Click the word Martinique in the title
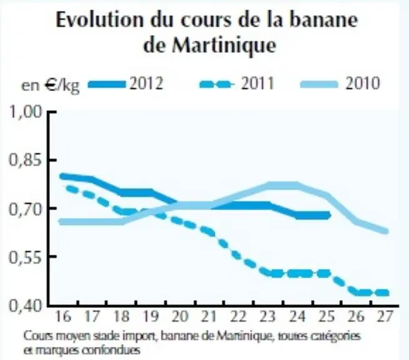(224, 46)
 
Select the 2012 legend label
(146, 84)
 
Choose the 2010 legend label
(362, 84)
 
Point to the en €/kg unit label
(51, 85)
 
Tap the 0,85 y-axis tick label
(26, 160)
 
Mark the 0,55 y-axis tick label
(26, 257)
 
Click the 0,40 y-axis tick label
(26, 306)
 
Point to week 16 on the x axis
(63, 316)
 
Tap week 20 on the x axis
(180, 316)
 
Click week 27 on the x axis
(385, 316)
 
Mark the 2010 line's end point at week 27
(387, 231)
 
